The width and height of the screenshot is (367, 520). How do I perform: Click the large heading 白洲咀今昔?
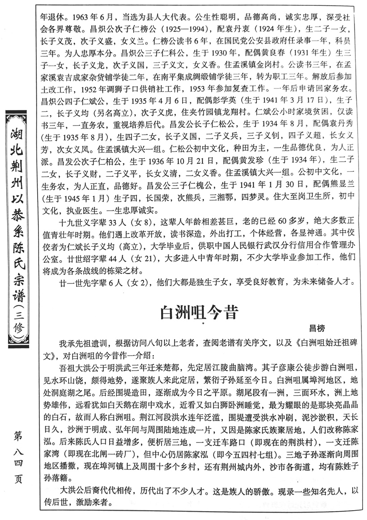tap(200, 313)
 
